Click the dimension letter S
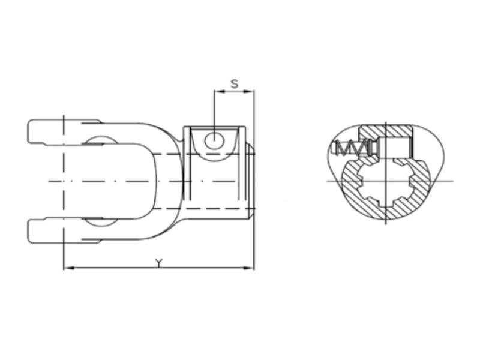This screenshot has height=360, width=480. [x=235, y=84]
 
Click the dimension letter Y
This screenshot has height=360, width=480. [x=158, y=263]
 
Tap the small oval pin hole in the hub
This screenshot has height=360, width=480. [x=214, y=141]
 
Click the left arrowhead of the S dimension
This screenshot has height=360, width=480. [x=218, y=91]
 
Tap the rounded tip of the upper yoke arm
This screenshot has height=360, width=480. [x=30, y=132]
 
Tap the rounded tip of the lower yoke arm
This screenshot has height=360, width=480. [x=30, y=230]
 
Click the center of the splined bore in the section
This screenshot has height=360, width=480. [x=385, y=181]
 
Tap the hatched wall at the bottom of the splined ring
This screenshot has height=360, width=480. [x=385, y=212]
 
